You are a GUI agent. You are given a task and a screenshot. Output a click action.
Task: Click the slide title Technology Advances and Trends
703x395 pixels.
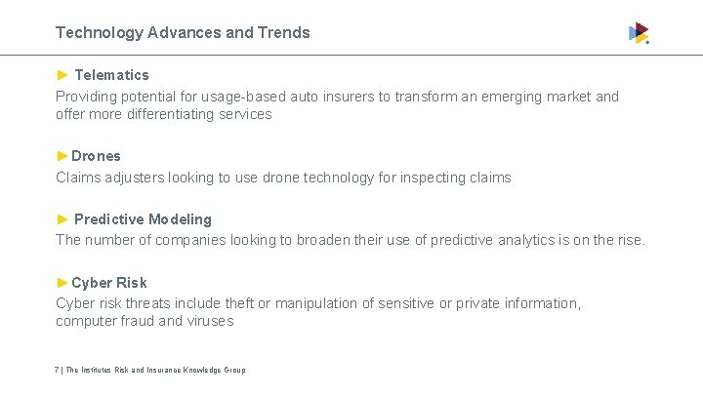pos(183,32)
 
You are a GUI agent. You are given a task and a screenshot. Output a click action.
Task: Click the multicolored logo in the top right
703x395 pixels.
pos(639,33)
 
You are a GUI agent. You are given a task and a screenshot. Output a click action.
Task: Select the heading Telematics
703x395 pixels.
pos(111,75)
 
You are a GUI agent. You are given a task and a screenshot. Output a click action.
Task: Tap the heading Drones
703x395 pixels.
pos(96,156)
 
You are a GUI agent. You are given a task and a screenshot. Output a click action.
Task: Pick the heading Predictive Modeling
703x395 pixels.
pos(143,219)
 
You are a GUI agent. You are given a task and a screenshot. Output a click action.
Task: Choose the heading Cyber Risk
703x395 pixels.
pos(108,283)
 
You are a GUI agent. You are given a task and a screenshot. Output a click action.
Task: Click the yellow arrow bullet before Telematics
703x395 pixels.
pos(62,75)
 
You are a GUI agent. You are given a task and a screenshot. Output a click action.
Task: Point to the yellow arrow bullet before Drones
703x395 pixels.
pos(62,156)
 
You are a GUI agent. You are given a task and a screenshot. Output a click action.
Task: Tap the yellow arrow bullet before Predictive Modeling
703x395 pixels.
pos(62,219)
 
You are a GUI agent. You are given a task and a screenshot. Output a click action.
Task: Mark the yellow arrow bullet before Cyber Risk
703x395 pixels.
pos(62,283)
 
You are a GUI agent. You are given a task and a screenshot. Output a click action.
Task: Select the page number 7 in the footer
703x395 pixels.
pos(58,370)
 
